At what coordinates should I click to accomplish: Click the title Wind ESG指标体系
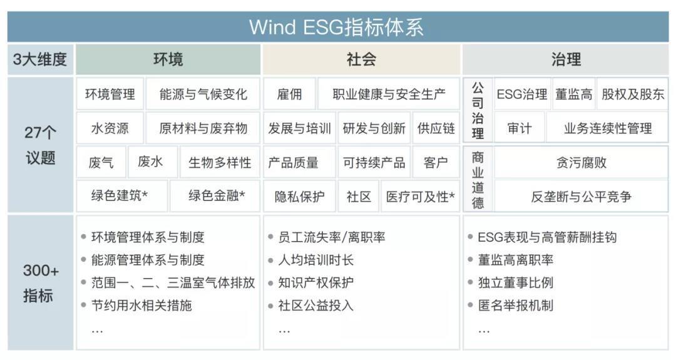click(336, 27)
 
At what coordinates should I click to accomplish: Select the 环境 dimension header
click(168, 59)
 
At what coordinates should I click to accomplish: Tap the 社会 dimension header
click(361, 59)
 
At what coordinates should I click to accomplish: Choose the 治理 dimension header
click(566, 59)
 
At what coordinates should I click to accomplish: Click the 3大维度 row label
click(40, 59)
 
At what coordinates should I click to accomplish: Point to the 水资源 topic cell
click(110, 128)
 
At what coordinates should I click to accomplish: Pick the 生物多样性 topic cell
click(220, 163)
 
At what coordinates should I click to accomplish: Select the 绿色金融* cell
click(215, 196)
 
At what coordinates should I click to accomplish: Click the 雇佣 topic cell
click(289, 94)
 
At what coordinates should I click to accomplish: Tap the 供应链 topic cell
click(436, 128)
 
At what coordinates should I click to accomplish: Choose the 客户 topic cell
click(436, 163)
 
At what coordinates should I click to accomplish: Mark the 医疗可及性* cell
click(421, 197)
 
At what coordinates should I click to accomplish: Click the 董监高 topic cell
click(573, 94)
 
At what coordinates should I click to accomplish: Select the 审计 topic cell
click(519, 128)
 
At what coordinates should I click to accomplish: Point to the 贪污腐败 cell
click(581, 163)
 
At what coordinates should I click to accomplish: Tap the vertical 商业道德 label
click(478, 180)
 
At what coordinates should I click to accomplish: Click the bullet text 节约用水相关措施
click(141, 306)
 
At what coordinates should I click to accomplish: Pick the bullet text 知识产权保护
click(315, 282)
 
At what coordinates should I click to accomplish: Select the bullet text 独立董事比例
click(515, 282)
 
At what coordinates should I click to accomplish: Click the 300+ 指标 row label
click(40, 283)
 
